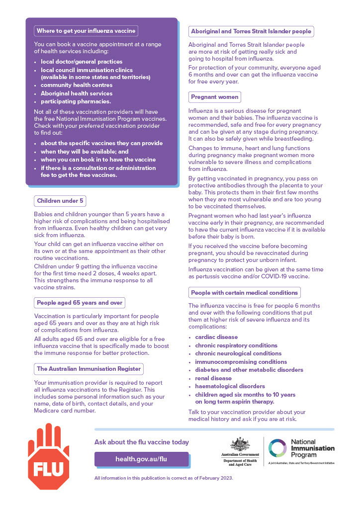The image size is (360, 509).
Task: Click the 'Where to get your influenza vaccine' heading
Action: [x=86, y=31]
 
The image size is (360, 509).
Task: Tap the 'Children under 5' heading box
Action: [x=60, y=201]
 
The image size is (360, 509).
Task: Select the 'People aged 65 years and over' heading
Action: [x=79, y=302]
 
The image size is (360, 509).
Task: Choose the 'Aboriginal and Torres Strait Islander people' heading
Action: [x=251, y=31]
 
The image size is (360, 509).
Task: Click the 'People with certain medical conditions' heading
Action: [x=244, y=292]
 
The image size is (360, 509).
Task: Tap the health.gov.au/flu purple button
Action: [x=141, y=459]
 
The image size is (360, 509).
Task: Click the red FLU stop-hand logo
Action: [x=48, y=456]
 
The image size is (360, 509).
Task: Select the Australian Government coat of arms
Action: [x=240, y=444]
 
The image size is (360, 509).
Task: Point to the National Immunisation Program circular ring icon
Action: [x=277, y=448]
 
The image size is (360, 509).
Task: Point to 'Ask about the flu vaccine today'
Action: [x=142, y=442]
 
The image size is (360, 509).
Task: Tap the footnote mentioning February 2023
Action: [x=164, y=478]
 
